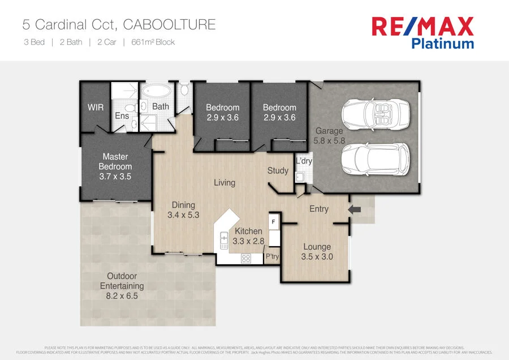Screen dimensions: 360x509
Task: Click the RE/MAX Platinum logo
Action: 422,32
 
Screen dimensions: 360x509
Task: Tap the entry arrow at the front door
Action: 356,209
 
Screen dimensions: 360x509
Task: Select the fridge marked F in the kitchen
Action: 274,222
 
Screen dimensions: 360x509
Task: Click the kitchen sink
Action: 224,240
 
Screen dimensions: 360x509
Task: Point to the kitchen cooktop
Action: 246,258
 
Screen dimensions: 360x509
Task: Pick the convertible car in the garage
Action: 371,113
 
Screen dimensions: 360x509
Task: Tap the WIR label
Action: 96,107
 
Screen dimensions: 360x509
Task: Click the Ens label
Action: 122,115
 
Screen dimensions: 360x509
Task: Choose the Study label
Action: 278,170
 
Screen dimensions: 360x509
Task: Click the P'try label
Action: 273,256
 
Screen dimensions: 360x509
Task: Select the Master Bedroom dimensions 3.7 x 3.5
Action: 115,177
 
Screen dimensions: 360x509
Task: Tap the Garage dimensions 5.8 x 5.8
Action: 330,141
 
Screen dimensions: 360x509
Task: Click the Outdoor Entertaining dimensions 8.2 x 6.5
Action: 122,295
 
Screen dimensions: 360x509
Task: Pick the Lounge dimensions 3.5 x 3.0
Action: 317,256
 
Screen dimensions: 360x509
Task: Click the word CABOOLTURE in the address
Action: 169,25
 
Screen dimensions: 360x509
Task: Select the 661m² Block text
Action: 153,42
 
